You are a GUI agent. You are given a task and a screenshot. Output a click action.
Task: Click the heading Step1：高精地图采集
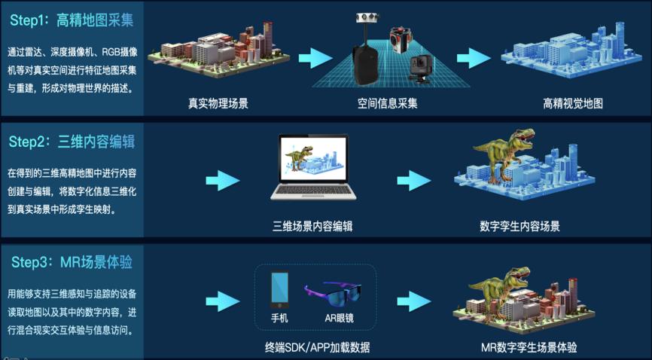tap(72, 21)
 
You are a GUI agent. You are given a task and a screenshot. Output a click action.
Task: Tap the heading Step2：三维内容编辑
tap(72, 142)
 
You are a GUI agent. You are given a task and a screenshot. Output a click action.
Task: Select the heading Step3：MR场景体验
tap(72, 262)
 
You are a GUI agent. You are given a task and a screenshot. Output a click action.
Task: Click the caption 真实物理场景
tap(218, 104)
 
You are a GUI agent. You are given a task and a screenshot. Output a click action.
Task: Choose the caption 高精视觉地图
tap(572, 104)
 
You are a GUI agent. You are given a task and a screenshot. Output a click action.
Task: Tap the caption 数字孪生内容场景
tap(519, 225)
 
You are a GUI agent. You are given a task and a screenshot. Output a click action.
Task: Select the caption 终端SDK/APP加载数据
tap(317, 347)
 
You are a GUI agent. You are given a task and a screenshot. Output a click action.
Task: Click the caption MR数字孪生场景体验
tap(529, 347)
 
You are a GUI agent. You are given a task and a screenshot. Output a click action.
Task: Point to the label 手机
tap(280, 318)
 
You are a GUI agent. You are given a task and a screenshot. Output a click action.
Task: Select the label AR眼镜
tap(339, 318)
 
